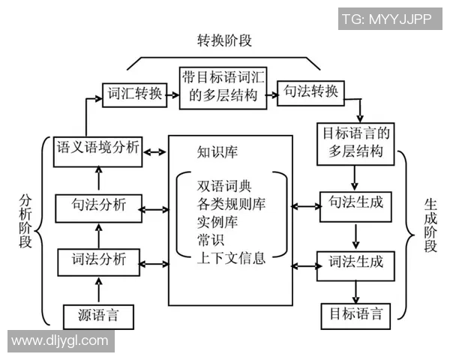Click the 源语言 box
[x=98, y=315]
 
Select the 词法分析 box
[x=98, y=262]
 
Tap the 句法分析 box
[x=98, y=206]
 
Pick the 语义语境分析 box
[x=98, y=150]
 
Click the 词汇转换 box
[x=134, y=94]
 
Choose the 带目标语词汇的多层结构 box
[x=223, y=87]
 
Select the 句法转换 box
[x=310, y=93]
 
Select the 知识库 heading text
[x=217, y=153]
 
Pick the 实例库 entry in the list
[x=214, y=223]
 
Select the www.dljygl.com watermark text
[x=59, y=341]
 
